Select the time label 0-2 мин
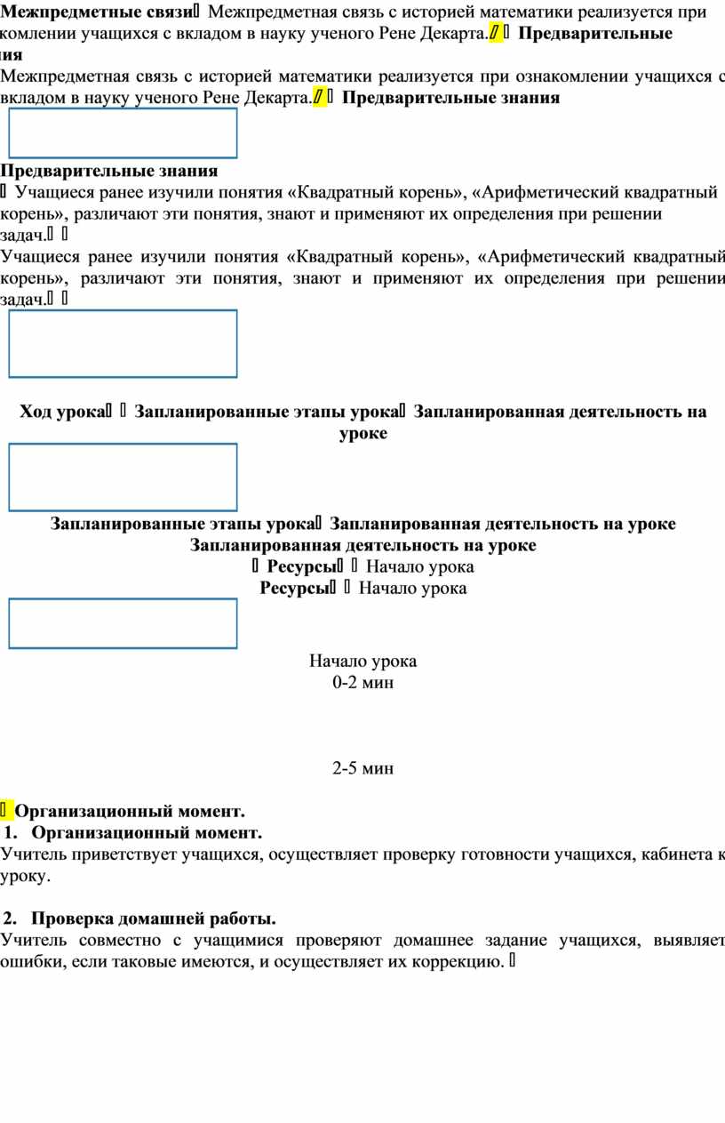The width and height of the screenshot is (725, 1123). tap(362, 683)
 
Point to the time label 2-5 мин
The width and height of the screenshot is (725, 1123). tap(362, 768)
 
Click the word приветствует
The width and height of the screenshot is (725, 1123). tap(116, 855)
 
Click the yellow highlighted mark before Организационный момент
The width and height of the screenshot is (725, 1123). tap(7, 811)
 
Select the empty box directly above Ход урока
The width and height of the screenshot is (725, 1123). tap(123, 343)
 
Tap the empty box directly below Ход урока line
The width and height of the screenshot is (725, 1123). tap(123, 477)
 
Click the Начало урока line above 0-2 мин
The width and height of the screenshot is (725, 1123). tap(362, 661)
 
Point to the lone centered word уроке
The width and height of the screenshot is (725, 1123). tap(362, 434)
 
